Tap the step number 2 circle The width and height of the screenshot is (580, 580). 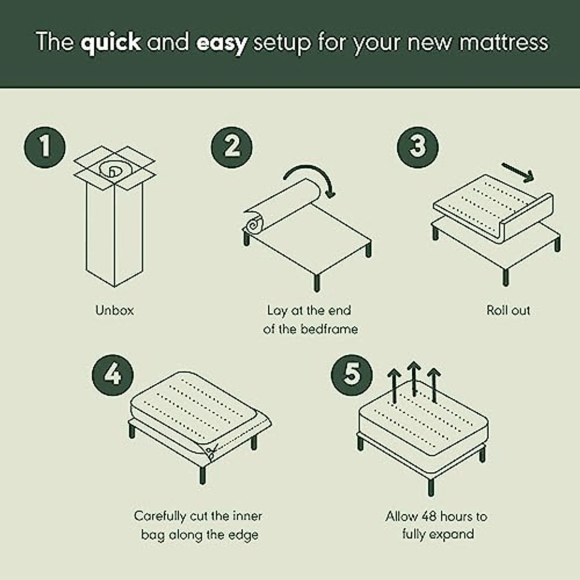point(232,145)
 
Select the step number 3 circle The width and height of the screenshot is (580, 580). point(418,145)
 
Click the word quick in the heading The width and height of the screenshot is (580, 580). point(111,42)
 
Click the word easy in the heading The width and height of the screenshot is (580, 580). point(221,42)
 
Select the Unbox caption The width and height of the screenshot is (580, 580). point(115,310)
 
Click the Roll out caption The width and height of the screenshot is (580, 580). point(508,310)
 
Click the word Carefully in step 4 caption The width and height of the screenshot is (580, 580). point(160,516)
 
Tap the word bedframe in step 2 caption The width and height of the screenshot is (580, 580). point(329,329)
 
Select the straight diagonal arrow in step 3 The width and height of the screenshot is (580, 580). point(518,172)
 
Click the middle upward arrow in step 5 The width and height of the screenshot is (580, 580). point(413,377)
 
